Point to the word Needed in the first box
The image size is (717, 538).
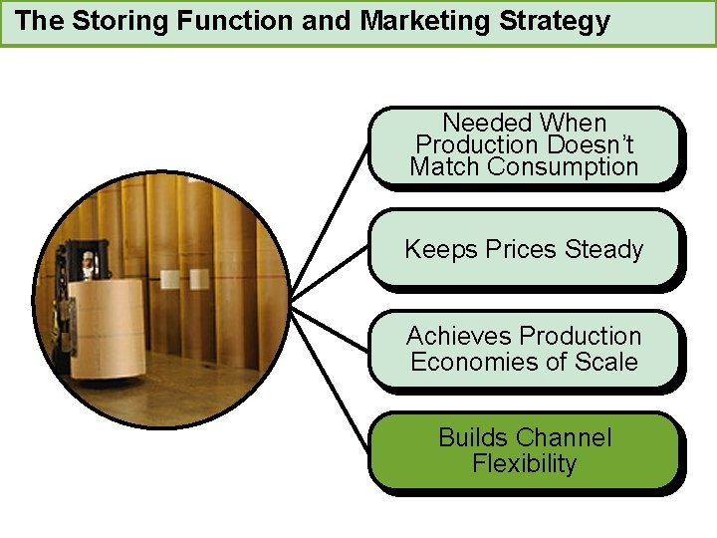482,124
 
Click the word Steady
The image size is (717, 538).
604,250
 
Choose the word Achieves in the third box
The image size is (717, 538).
459,336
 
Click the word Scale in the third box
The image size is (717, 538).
606,362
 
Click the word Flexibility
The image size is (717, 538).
525,464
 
